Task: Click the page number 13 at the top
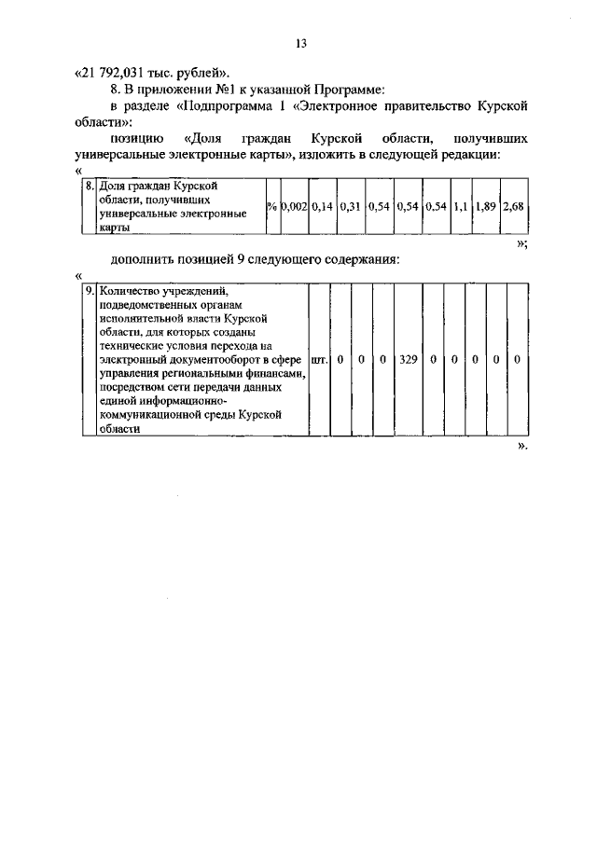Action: (x=300, y=43)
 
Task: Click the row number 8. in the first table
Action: (x=90, y=186)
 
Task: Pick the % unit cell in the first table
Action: (x=271, y=205)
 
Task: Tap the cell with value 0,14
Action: (x=322, y=205)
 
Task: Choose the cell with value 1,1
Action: (x=460, y=205)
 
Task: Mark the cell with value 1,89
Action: (x=485, y=205)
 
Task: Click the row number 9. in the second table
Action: (x=90, y=291)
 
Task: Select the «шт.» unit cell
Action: (x=318, y=358)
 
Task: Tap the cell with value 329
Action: (x=408, y=358)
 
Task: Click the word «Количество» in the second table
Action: (x=132, y=291)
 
